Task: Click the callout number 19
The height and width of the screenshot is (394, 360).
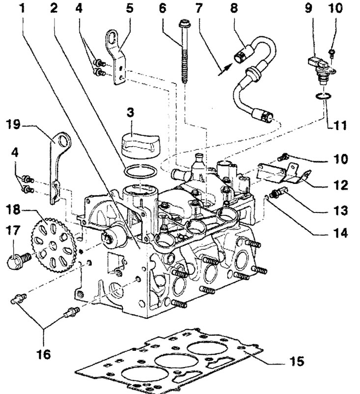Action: pyautogui.click(x=13, y=124)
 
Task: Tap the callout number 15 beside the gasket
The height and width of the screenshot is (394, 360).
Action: pyautogui.click(x=297, y=361)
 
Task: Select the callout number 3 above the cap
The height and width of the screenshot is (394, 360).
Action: pyautogui.click(x=130, y=112)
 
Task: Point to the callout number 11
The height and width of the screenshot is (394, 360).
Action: pyautogui.click(x=339, y=125)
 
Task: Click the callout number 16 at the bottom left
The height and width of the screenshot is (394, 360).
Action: pyautogui.click(x=44, y=354)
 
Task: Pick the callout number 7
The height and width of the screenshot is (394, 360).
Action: pyautogui.click(x=198, y=8)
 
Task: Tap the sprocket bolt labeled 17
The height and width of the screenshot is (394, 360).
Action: pyautogui.click(x=19, y=261)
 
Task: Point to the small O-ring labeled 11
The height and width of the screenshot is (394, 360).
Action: pyautogui.click(x=323, y=96)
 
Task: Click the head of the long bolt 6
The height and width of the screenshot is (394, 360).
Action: pyautogui.click(x=184, y=25)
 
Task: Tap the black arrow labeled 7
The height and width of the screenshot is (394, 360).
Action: pyautogui.click(x=225, y=69)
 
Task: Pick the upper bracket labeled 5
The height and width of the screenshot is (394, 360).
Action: pyautogui.click(x=116, y=58)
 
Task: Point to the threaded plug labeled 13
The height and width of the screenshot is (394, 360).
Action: pyautogui.click(x=278, y=192)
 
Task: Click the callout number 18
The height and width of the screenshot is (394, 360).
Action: pyautogui.click(x=13, y=209)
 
